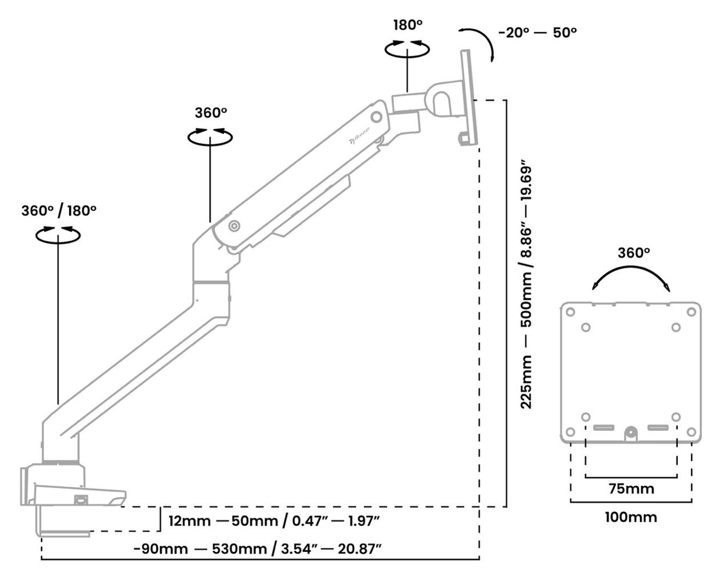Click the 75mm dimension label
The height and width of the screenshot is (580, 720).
(631, 489)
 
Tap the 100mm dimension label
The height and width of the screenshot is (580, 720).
(631, 517)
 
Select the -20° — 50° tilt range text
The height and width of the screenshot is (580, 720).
(538, 33)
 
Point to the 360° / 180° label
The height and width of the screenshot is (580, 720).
(59, 210)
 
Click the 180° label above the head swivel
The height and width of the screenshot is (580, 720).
(407, 25)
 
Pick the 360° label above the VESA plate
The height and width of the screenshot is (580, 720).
(634, 253)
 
